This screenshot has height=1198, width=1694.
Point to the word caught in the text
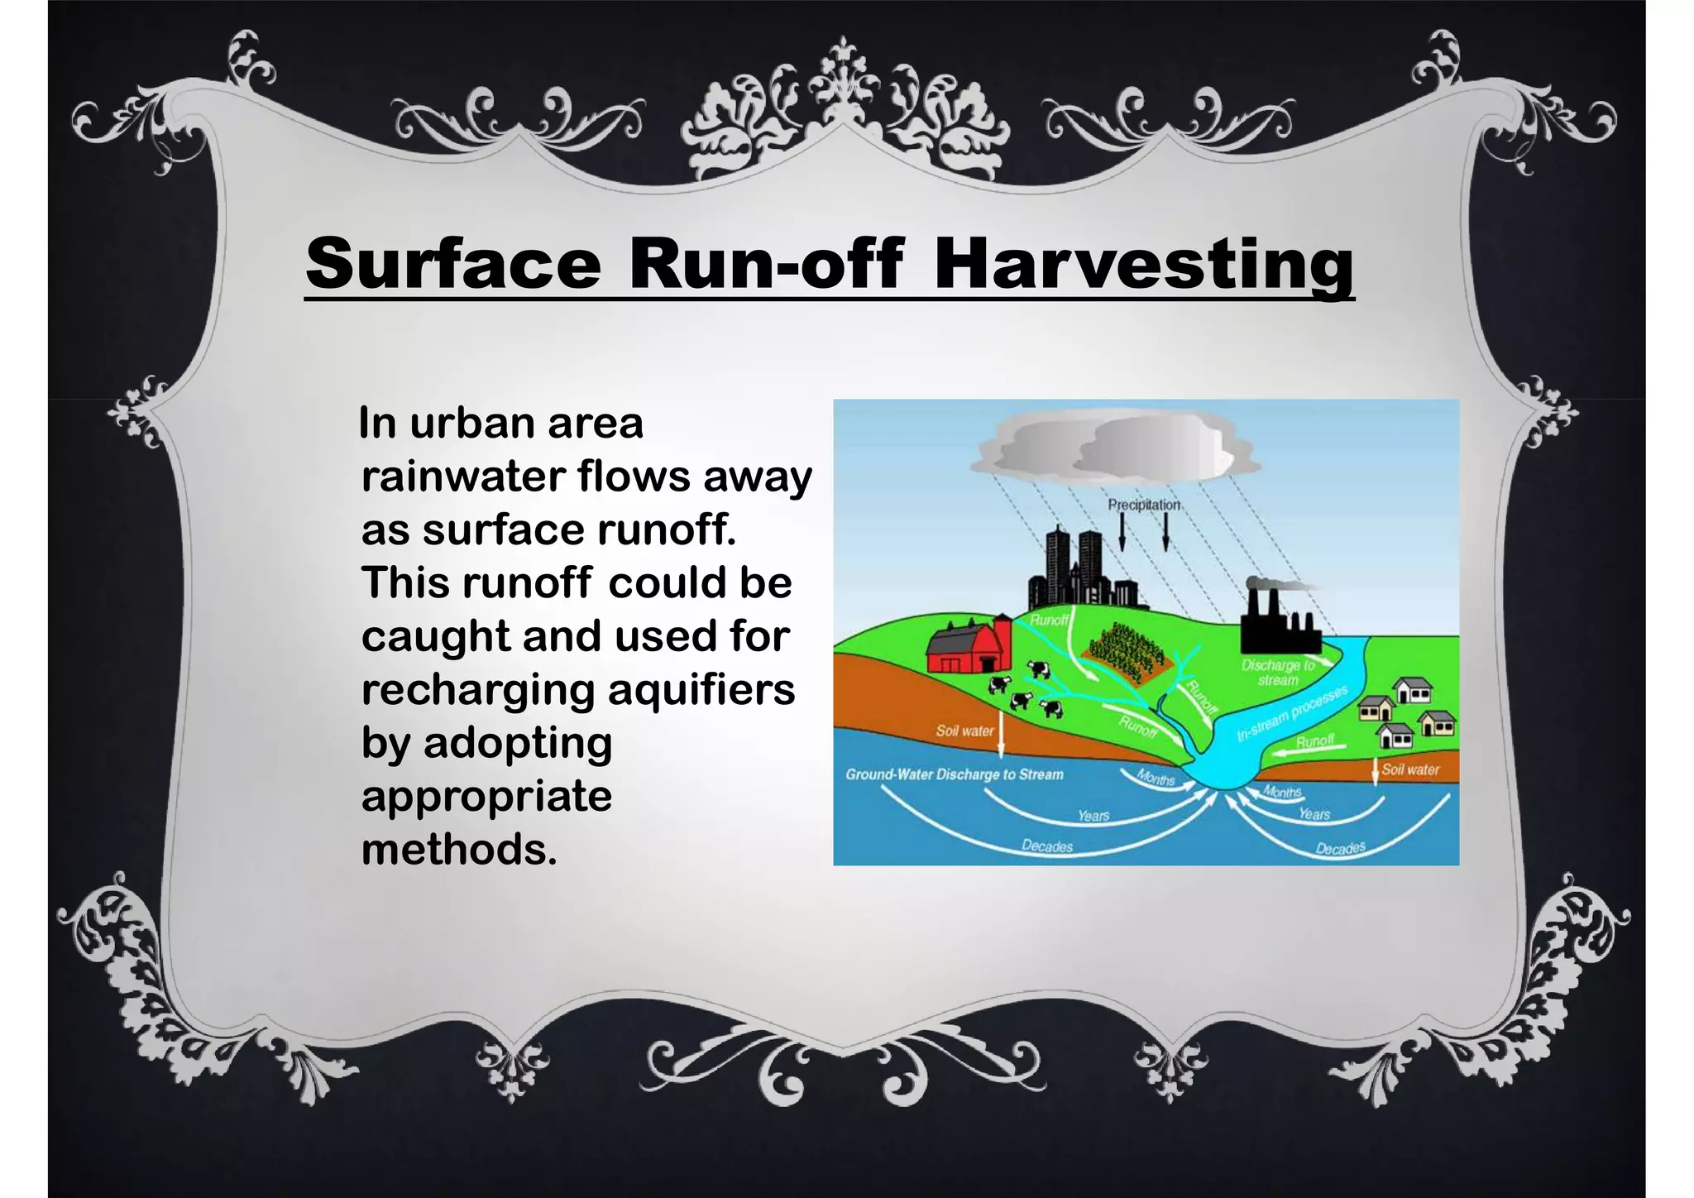click(435, 636)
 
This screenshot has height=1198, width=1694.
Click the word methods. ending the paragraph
click(459, 850)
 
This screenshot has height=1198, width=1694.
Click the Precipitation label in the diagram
click(1144, 505)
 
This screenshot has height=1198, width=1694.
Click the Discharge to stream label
click(1277, 673)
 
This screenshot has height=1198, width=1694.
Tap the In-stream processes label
click(1292, 713)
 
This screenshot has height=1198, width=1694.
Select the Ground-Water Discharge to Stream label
click(954, 775)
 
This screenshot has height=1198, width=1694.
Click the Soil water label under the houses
click(1410, 769)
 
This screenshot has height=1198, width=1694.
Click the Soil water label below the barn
click(964, 731)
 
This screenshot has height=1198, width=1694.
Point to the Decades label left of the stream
click(1047, 846)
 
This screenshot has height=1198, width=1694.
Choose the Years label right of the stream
click(1314, 814)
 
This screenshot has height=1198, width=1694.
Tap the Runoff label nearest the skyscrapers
click(1049, 620)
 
